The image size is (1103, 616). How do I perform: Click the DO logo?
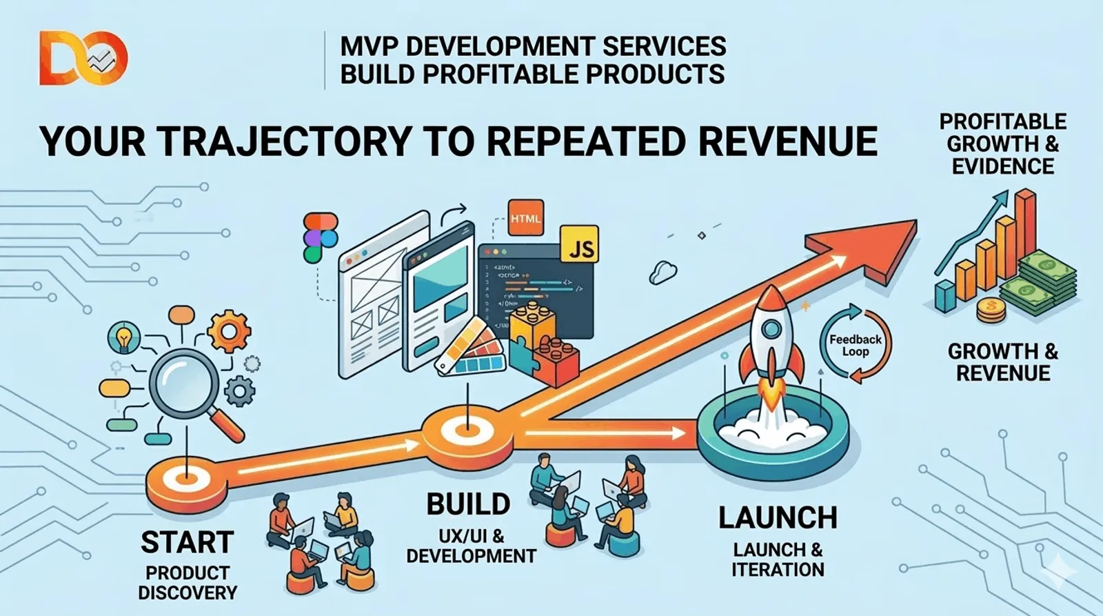(83, 59)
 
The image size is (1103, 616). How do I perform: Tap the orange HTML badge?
(525, 219)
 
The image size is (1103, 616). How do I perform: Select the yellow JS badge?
(579, 246)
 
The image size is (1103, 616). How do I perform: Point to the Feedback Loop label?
(855, 345)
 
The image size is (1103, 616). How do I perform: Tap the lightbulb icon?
(124, 339)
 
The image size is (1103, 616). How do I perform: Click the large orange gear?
(229, 331)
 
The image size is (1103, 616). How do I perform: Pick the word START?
(187, 542)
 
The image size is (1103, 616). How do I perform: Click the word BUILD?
(468, 504)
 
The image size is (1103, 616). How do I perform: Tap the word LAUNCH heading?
(778, 518)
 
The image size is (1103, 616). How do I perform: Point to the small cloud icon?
(662, 272)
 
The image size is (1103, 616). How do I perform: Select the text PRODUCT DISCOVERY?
(187, 583)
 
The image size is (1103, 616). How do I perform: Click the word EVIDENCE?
(1002, 166)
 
